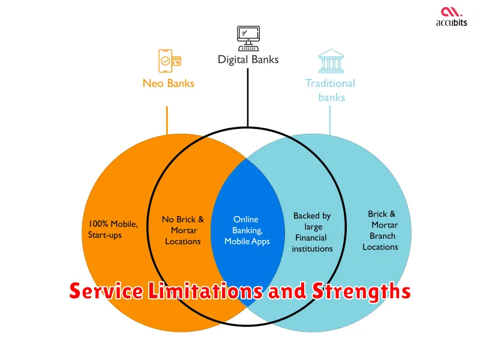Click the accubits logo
tap(452, 17)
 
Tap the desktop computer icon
tap(248, 38)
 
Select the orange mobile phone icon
tap(170, 61)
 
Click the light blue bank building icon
tap(331, 61)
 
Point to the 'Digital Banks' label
tap(248, 59)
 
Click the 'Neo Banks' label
tap(169, 83)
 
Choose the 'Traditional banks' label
tap(331, 91)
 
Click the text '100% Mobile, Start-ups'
tap(113, 229)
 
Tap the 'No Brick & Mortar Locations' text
tap(183, 230)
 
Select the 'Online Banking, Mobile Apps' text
tap(247, 230)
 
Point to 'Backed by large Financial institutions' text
tap(312, 232)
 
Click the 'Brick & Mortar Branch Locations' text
tap(380, 230)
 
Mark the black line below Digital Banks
tap(248, 97)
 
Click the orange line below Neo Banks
tap(167, 121)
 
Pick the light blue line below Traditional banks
tap(329, 121)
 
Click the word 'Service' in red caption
tap(106, 290)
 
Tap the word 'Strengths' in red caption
tap(361, 292)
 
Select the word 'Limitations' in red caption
tap(205, 290)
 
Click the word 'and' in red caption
tap(287, 290)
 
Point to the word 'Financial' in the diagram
tap(311, 238)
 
